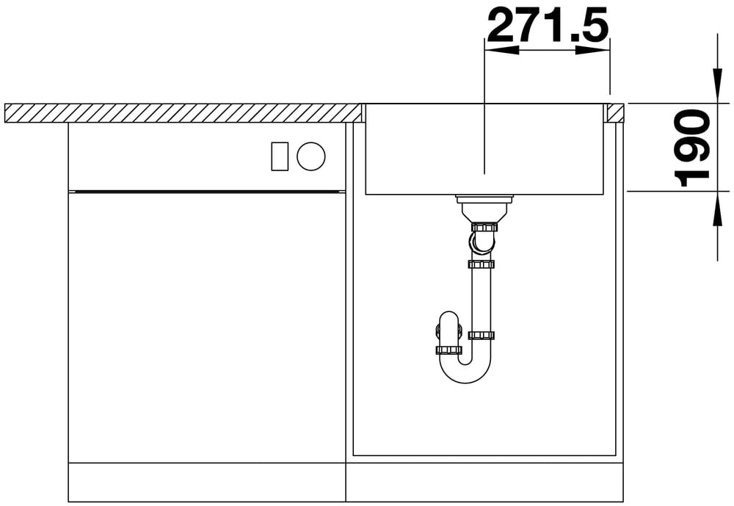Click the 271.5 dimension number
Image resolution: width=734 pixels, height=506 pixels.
tap(548, 24)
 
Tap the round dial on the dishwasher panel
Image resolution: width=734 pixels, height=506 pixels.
tap(310, 156)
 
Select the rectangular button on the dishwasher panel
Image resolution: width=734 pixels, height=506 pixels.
tap(280, 156)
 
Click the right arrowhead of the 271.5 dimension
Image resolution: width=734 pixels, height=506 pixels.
tap(592, 50)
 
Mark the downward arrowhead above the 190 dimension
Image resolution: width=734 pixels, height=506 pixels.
tap(717, 85)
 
